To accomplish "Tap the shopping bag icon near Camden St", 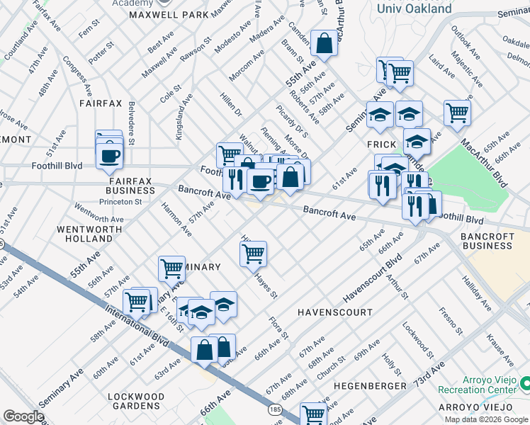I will tap(324, 44).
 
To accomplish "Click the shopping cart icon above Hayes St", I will tap(254, 253).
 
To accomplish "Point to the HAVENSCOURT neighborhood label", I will tap(334, 312).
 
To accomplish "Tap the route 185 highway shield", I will tap(275, 410).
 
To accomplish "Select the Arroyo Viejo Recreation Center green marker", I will tap(524, 383).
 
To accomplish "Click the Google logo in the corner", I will tap(23, 416).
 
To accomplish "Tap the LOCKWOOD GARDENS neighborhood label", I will tap(136, 401).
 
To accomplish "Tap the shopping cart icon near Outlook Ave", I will tap(457, 112).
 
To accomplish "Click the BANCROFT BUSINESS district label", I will tap(485, 240).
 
